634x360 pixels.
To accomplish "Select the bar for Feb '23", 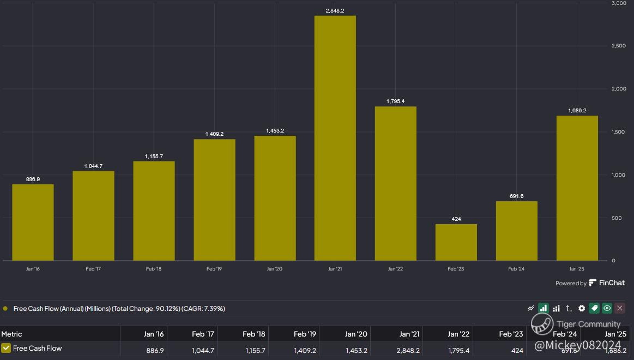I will pyautogui.click(x=456, y=242).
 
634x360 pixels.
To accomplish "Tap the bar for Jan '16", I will pyautogui.click(x=33, y=223).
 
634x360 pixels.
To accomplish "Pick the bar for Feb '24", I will pyautogui.click(x=516, y=231).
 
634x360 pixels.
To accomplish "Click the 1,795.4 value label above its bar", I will pyautogui.click(x=395, y=101).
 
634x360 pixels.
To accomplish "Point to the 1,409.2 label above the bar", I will pyautogui.click(x=214, y=134).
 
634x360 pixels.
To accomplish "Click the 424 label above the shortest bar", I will pyautogui.click(x=456, y=219).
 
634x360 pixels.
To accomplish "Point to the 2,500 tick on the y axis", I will pyautogui.click(x=619, y=46).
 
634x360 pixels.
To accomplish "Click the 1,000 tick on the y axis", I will pyautogui.click(x=619, y=175).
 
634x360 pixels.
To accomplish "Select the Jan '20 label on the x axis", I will pyautogui.click(x=275, y=269).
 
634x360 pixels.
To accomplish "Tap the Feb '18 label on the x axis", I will pyautogui.click(x=154, y=269).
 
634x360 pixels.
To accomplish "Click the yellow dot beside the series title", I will pyautogui.click(x=5, y=309).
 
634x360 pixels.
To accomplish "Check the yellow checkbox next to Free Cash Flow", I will pyautogui.click(x=7, y=348).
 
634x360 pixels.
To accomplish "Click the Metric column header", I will pyautogui.click(x=12, y=334).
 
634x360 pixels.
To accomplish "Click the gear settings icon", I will pyautogui.click(x=582, y=309).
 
